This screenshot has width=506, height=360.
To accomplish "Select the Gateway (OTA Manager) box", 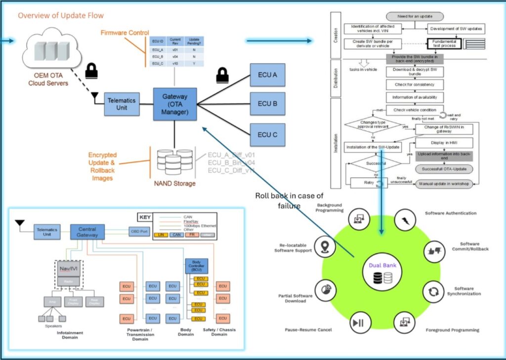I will pos(174,104).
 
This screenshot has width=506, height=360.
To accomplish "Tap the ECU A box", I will pos(267,74).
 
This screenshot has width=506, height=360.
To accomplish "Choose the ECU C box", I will pos(267,134).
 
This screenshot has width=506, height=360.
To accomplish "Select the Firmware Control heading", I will pos(125,33).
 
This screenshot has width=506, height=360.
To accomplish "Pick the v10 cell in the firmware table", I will pos(174,64).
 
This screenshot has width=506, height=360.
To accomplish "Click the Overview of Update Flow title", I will pos(61,16).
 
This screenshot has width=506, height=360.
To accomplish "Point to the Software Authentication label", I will pos(451,213).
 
